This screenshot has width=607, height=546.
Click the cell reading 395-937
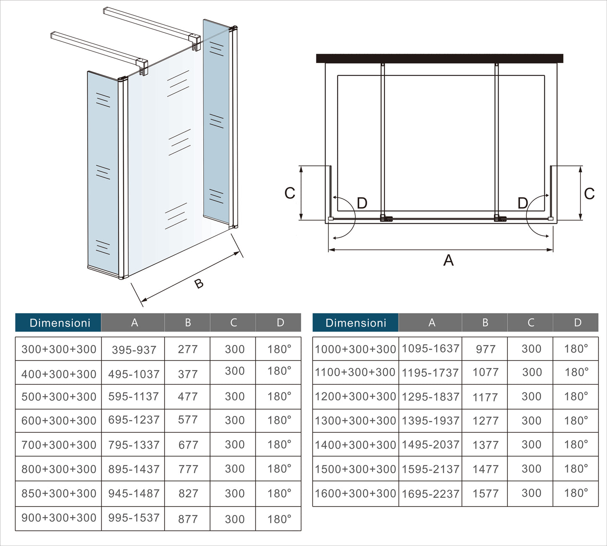(134, 350)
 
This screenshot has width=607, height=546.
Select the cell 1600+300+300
(355, 494)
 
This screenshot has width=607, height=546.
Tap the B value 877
(188, 519)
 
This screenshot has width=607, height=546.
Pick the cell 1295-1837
(430, 397)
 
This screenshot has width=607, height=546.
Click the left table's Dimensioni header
(59, 323)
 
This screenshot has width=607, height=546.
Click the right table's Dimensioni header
(355, 323)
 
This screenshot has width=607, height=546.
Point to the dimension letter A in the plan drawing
(449, 260)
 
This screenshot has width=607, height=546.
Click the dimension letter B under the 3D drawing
(199, 284)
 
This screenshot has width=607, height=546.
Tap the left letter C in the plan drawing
(290, 193)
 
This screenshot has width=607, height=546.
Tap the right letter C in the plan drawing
(589, 193)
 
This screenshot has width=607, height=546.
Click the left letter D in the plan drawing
(362, 204)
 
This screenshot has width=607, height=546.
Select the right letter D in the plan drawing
(522, 204)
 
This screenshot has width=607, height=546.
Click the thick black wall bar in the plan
(439, 58)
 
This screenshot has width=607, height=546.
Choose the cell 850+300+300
(59, 494)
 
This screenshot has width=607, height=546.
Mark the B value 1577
(485, 494)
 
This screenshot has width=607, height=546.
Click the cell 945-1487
(134, 494)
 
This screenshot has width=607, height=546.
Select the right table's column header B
(485, 323)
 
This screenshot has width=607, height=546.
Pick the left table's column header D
(280, 323)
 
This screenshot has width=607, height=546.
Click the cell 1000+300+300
(355, 349)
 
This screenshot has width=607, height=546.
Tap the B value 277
(187, 349)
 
